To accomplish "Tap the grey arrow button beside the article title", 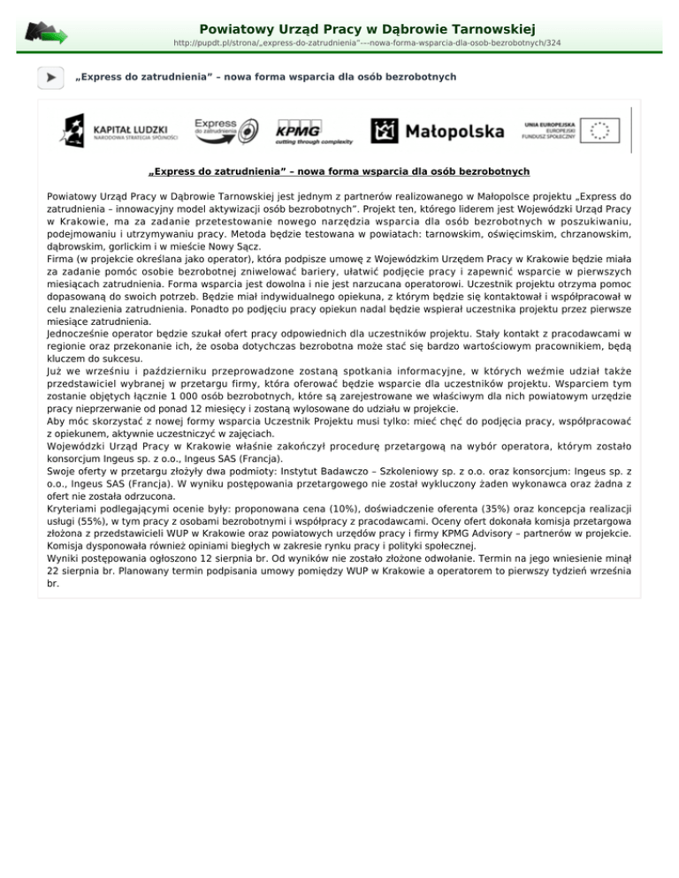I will click(50, 78).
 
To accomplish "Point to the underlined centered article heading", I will click(339, 171).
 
